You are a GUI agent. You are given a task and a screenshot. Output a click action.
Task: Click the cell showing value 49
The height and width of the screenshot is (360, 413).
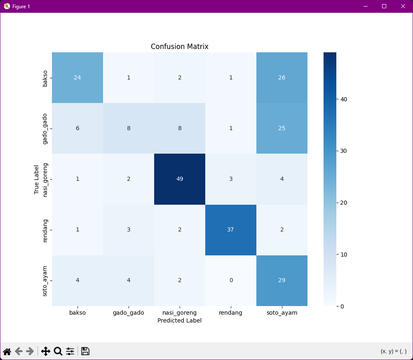pos(179,179)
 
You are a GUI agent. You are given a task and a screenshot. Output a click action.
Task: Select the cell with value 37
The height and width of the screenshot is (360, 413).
pos(230,229)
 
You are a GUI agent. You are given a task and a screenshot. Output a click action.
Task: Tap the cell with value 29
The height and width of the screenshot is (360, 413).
pos(282,280)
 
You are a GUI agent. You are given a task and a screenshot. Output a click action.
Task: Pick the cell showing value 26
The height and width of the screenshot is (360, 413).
pos(282,77)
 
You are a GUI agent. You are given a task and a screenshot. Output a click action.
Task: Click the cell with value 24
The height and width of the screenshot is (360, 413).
pos(77,77)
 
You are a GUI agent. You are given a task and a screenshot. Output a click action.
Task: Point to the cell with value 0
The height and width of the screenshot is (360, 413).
pos(230,280)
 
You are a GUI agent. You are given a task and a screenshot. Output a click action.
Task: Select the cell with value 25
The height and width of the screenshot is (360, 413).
pos(282,128)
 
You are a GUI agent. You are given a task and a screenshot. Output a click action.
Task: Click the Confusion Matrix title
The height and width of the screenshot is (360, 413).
pos(179,47)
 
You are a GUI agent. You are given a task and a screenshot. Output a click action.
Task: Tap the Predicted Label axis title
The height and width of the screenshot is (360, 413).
pos(179,320)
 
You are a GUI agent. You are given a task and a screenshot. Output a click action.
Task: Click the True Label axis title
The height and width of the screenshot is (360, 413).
pos(36,179)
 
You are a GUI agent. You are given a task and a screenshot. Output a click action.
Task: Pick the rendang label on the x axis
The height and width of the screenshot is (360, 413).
pos(230,313)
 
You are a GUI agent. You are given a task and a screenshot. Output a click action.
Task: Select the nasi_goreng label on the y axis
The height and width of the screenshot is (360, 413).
pos(46,180)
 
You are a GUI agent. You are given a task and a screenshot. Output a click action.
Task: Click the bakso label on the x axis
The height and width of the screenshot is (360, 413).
pos(77,313)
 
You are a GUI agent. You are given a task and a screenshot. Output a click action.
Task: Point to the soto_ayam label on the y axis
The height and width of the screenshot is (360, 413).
pos(46,281)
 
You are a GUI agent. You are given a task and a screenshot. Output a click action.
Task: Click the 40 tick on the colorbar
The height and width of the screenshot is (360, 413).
pos(343,99)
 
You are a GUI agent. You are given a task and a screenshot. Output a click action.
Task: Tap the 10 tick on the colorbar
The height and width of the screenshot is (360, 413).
pos(343,254)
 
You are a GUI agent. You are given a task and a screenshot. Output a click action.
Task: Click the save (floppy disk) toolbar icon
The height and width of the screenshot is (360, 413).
pos(85,351)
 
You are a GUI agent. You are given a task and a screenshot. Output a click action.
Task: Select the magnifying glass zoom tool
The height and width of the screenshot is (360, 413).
pos(58,351)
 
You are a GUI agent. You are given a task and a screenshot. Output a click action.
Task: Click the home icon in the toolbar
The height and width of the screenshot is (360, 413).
pos(7,351)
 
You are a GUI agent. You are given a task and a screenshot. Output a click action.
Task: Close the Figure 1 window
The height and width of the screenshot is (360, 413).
pos(403,6)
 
